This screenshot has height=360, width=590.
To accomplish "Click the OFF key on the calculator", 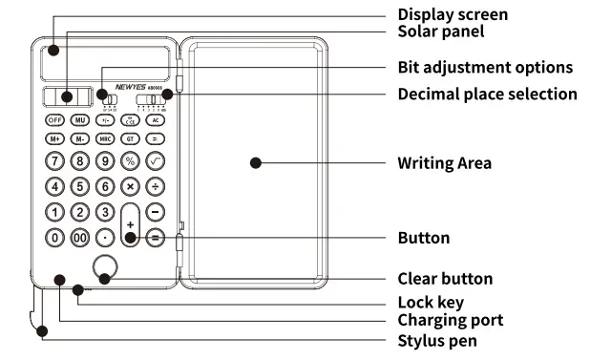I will click(x=55, y=120).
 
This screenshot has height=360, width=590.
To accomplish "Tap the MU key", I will click(x=80, y=120).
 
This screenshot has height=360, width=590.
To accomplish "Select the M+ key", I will click(x=55, y=138).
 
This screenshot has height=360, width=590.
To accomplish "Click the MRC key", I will click(x=106, y=138).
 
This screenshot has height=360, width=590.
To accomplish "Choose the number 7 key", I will click(x=55, y=160).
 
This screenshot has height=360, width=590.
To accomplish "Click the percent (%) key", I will click(x=131, y=160).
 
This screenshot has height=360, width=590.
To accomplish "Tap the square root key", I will click(x=156, y=160).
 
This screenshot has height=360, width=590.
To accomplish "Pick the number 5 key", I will click(x=80, y=185).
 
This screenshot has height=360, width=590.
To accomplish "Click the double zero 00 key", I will click(x=80, y=237).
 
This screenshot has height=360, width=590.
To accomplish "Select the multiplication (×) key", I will click(x=131, y=185).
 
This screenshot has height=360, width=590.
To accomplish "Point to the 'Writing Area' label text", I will click(x=444, y=163).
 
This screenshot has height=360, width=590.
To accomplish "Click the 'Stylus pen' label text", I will click(x=438, y=340).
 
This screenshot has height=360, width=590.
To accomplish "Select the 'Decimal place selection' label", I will click(x=487, y=94).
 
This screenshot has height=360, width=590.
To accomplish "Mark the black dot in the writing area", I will click(x=255, y=163).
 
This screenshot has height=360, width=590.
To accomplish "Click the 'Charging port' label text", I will click(x=450, y=320).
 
